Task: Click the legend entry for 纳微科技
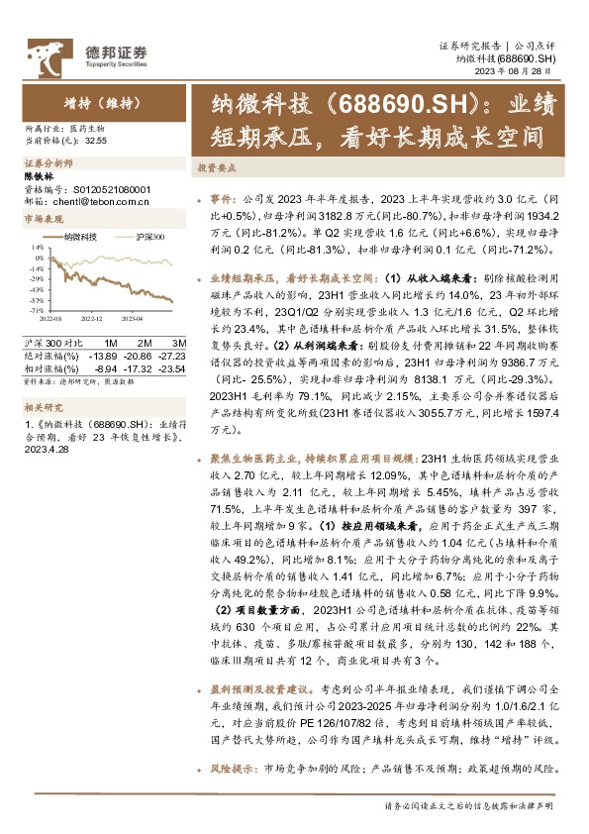[78, 237]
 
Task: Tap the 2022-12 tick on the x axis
[91, 320]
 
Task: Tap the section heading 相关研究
[42, 405]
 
